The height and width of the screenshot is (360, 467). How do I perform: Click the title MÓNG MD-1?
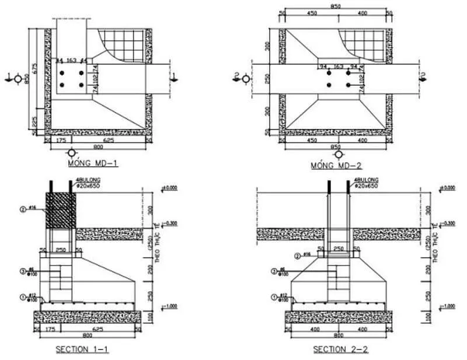(93, 164)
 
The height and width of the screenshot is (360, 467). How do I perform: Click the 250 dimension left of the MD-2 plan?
(268, 79)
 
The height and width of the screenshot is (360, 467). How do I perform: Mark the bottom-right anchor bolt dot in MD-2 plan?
(348, 85)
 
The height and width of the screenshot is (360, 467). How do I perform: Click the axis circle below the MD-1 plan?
(72, 152)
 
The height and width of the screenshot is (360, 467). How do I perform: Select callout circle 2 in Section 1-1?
(23, 208)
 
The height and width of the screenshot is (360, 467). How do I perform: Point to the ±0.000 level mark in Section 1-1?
(169, 188)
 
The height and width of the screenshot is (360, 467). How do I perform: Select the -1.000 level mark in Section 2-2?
(448, 306)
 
